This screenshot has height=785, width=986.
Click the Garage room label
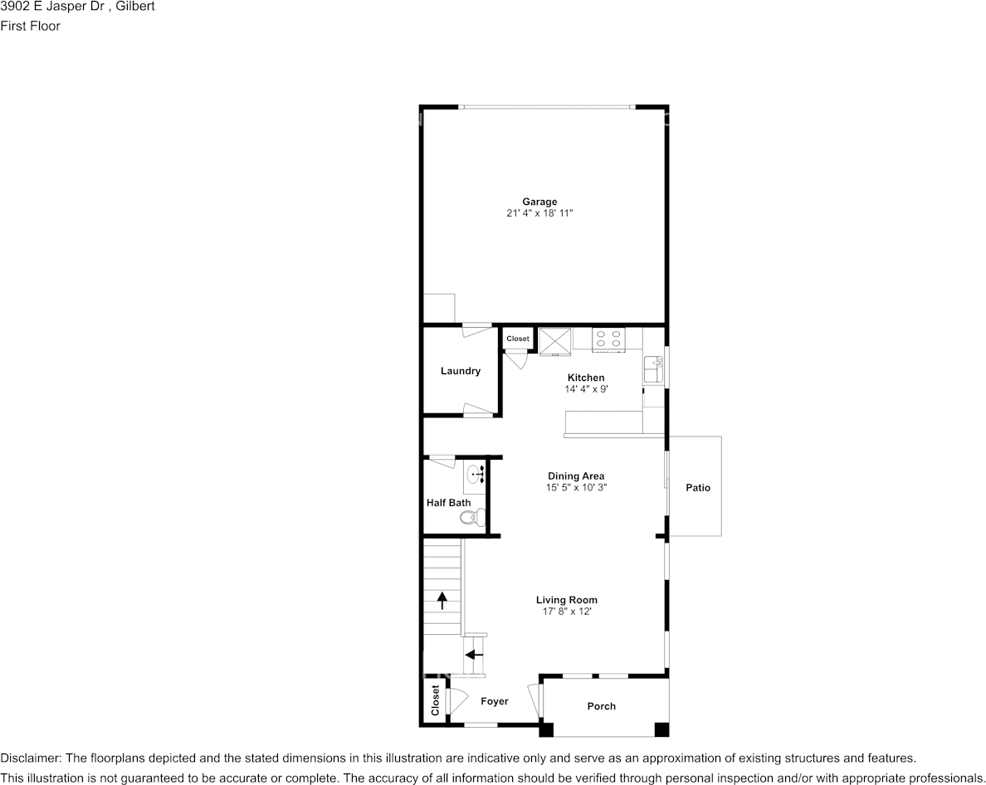click(539, 202)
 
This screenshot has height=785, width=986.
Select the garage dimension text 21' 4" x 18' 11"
click(539, 213)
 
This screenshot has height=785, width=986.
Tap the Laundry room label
click(460, 371)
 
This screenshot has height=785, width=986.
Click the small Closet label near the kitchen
click(518, 339)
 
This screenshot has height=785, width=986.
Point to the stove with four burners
click(608, 339)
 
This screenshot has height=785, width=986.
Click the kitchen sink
click(653, 369)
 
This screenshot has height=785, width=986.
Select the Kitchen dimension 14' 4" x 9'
click(586, 389)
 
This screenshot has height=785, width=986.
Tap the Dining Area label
click(576, 476)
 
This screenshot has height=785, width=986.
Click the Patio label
click(698, 488)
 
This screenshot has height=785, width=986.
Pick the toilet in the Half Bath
click(468, 518)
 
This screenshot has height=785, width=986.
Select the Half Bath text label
click(448, 503)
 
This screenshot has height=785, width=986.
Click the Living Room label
click(566, 600)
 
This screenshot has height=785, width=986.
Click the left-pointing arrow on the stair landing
click(474, 655)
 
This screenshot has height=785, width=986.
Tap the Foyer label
click(495, 701)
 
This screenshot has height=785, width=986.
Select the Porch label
click(602, 706)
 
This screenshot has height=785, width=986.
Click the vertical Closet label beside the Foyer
click(434, 700)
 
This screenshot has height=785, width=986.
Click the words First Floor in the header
click(30, 26)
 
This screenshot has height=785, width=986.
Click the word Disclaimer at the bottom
click(30, 758)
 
